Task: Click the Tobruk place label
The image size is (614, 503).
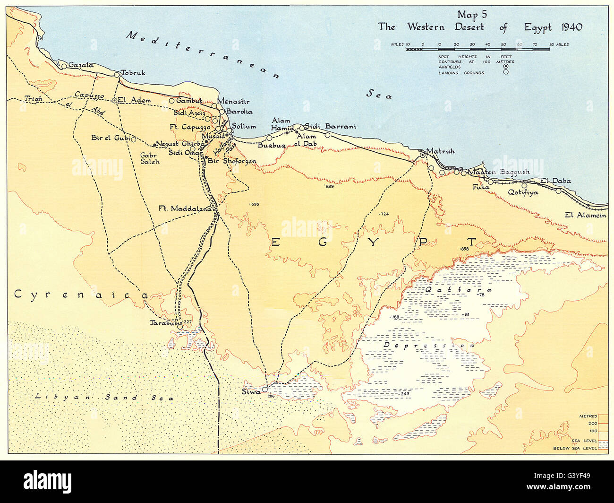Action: [x=133, y=73]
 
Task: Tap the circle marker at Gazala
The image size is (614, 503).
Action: [x=64, y=66]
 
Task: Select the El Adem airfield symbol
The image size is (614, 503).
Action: [x=114, y=100]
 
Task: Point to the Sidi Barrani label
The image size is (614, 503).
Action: [x=331, y=126]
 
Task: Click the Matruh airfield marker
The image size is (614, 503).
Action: [x=422, y=155]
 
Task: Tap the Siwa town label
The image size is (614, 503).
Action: [x=250, y=392]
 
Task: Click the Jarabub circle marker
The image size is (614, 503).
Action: [x=179, y=327]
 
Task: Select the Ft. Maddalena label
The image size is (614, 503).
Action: [x=184, y=208]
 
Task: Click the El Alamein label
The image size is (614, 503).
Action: [x=585, y=215]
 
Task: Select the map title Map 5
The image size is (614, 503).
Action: [x=472, y=15]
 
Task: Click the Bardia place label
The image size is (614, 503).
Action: [x=239, y=112]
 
